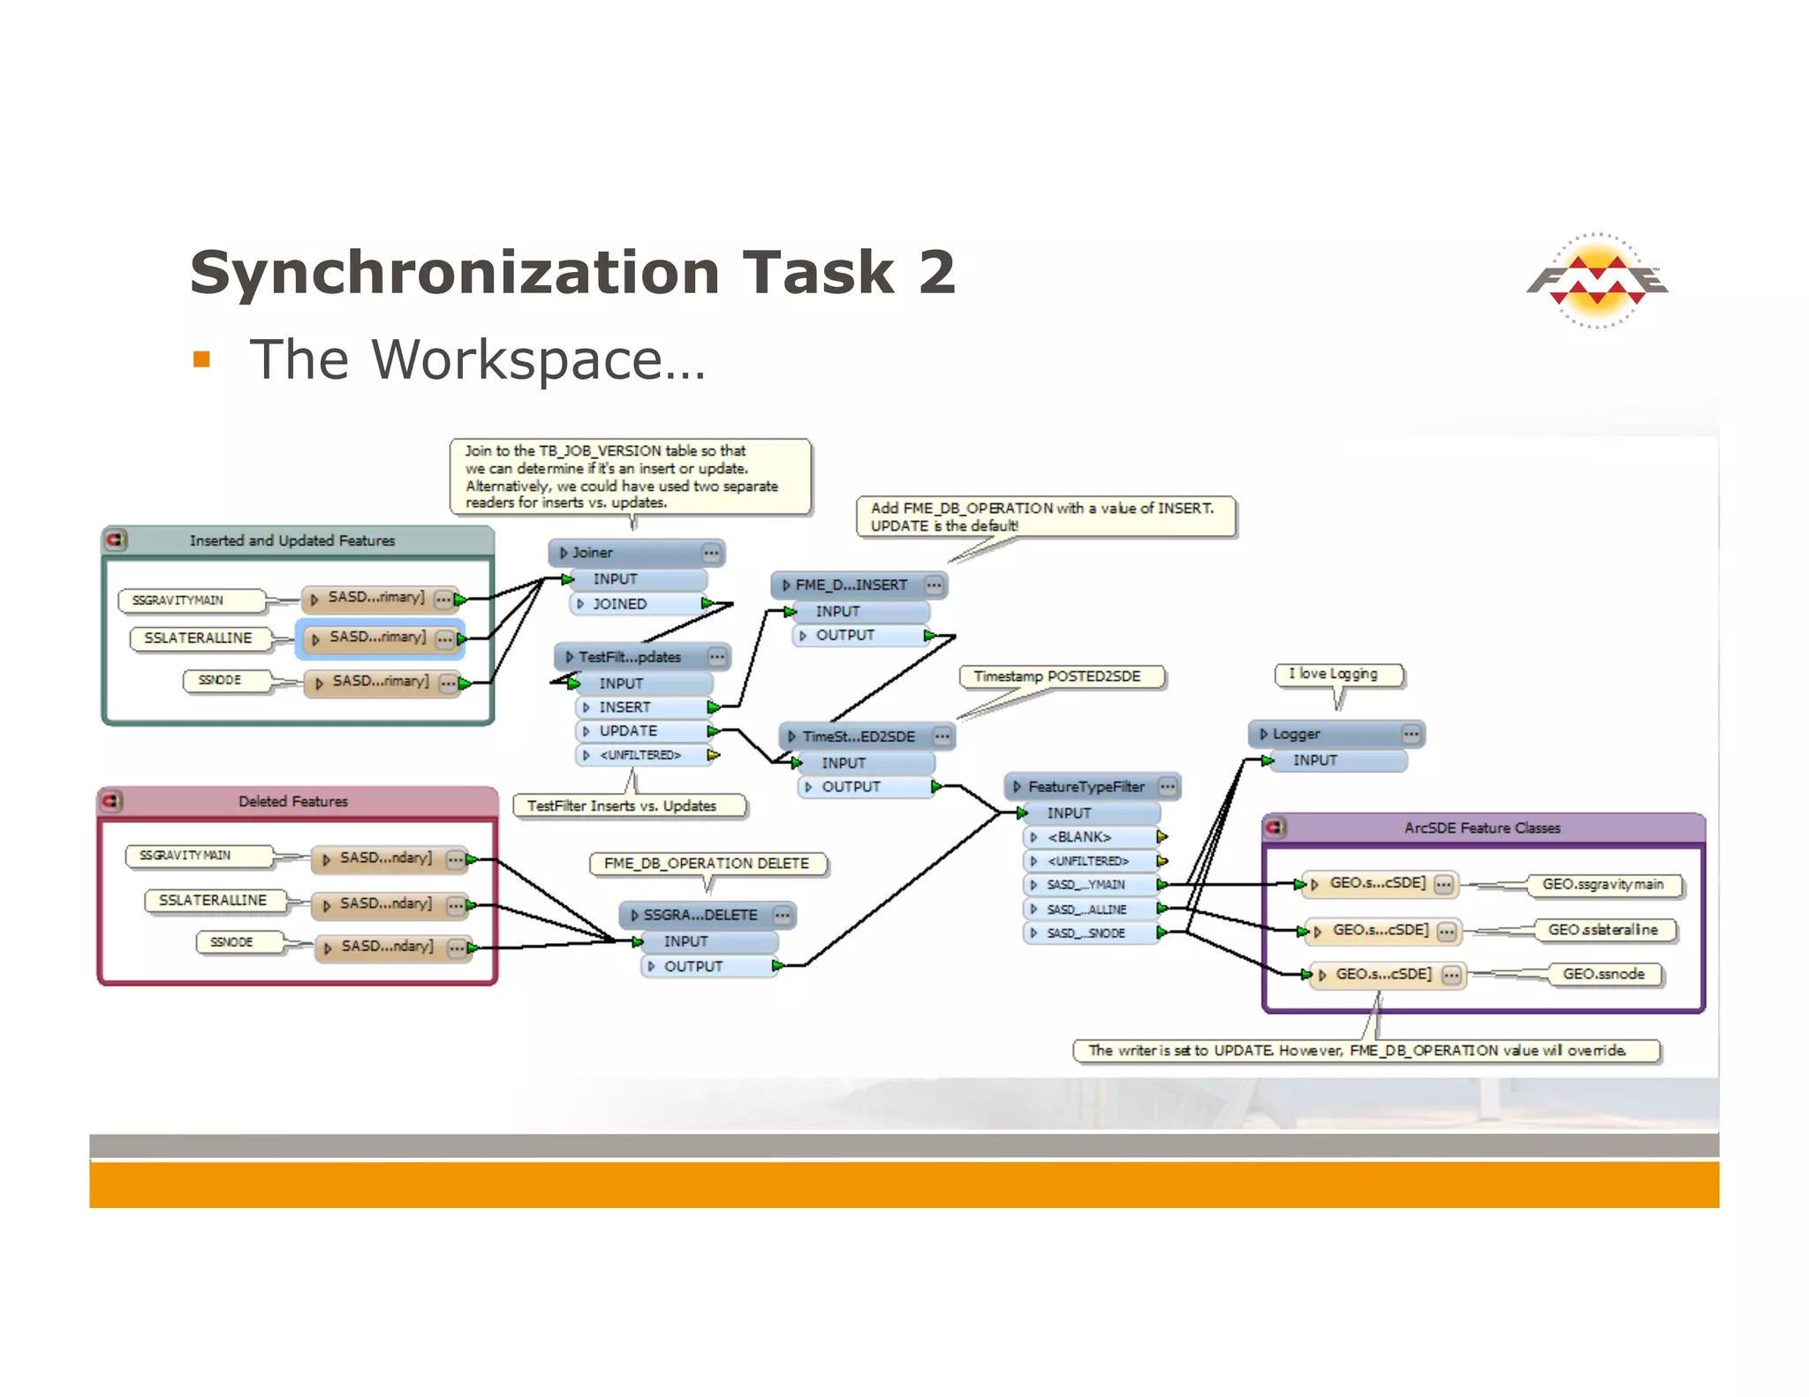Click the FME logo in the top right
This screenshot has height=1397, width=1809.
click(1597, 281)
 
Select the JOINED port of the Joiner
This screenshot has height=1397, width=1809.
click(620, 604)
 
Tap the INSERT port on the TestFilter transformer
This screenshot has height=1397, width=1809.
click(625, 707)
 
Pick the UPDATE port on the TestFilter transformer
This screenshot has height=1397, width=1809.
click(628, 731)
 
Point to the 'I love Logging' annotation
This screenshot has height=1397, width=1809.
click(1338, 675)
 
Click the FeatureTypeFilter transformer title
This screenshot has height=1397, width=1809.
click(1086, 787)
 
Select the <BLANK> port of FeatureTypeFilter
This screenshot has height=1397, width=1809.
click(1079, 837)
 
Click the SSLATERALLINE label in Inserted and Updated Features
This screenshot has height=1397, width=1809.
click(199, 638)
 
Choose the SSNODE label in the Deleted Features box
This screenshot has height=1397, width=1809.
click(232, 942)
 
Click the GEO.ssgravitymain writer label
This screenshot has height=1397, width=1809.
click(1602, 885)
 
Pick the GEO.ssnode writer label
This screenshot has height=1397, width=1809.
click(1603, 974)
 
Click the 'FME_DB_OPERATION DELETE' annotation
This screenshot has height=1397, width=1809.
click(707, 864)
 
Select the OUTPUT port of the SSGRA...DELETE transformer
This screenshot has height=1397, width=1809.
click(693, 967)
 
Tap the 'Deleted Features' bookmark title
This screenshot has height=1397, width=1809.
click(293, 802)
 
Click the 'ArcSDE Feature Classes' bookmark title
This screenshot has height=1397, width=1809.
click(1482, 828)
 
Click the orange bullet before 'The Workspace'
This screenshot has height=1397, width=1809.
click(201, 359)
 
